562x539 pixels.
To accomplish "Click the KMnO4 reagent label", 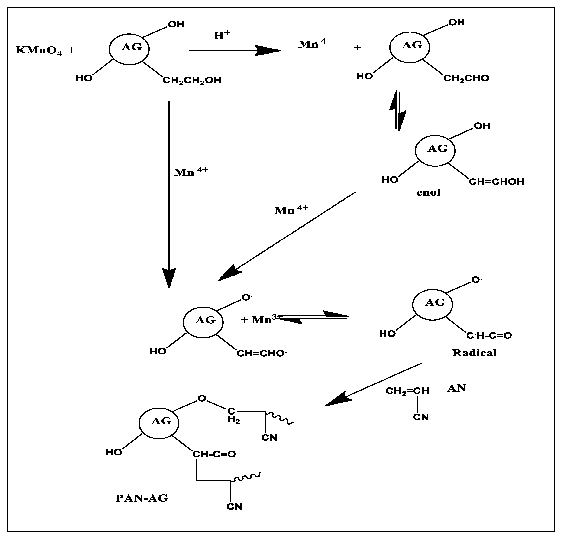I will [39, 50].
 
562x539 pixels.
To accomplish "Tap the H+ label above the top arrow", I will [222, 35].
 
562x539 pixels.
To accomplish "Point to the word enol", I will [428, 192].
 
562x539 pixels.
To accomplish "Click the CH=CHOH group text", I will [496, 182].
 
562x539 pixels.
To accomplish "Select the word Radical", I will [474, 353].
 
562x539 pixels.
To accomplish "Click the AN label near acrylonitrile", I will [456, 388].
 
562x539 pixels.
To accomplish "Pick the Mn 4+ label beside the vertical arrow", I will [191, 172].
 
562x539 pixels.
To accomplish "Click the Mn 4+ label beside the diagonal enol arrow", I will [291, 210].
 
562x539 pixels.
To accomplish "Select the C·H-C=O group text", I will [489, 336].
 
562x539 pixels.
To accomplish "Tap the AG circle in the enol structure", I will [435, 151].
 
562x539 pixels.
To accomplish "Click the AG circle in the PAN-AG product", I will [159, 423].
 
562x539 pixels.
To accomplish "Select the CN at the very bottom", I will [234, 515].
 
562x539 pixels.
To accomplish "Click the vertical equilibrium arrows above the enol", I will [397, 110].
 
